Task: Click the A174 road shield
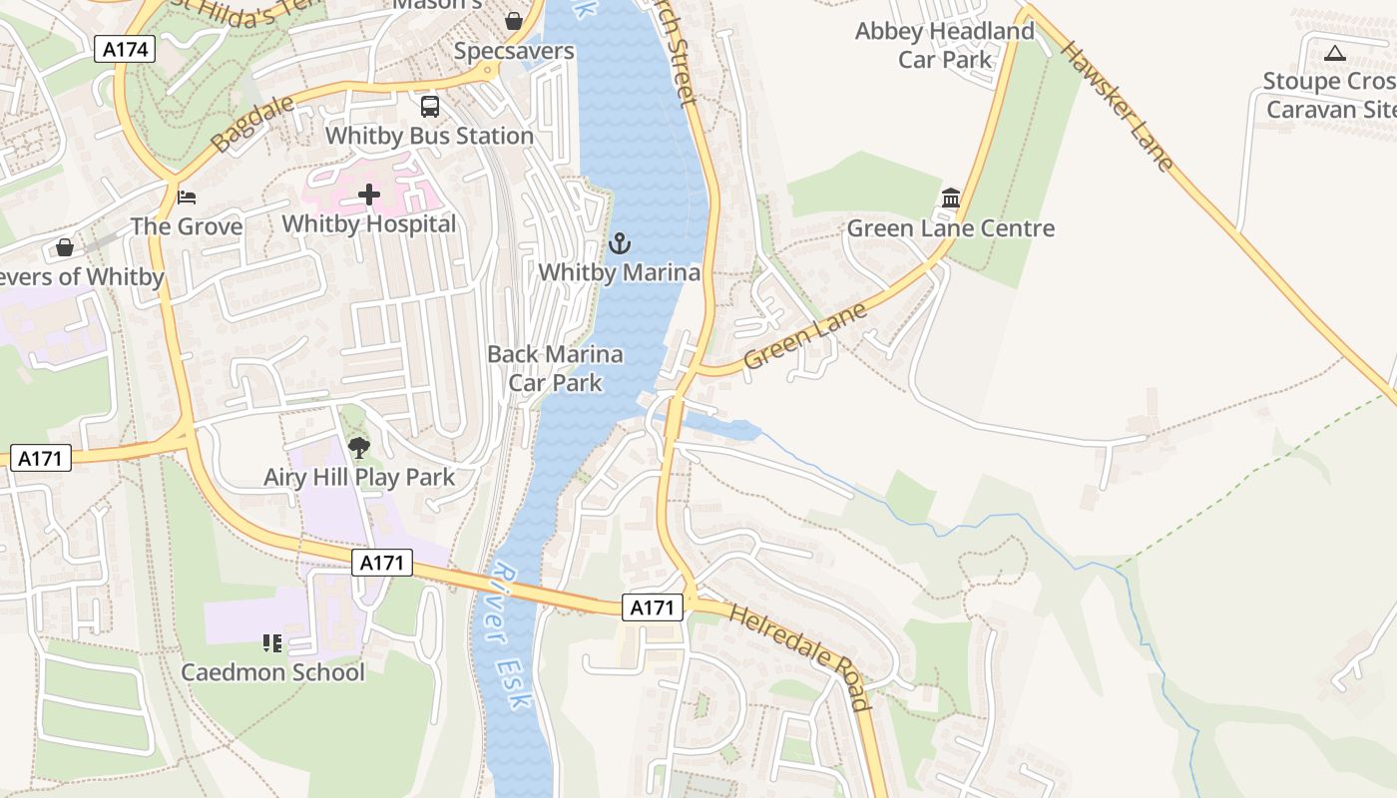pos(125,49)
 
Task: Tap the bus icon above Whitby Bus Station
pos(430,106)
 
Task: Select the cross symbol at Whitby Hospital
pos(369,194)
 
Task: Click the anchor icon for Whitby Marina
pos(620,242)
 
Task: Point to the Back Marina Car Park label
pos(555,368)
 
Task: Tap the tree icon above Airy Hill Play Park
pos(359,448)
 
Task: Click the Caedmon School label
pos(272,672)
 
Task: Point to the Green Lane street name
pos(805,337)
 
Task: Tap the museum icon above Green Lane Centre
pos(950,199)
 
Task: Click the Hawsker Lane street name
pos(1116,105)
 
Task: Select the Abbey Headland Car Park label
pos(944,45)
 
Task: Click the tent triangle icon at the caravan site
pos(1335,53)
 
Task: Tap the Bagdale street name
pos(240,125)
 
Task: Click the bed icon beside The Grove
pos(186,197)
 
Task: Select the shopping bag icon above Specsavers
pos(514,21)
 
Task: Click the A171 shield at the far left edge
pos(41,459)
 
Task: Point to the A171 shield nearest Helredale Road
pos(653,606)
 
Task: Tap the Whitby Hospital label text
pos(368,224)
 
